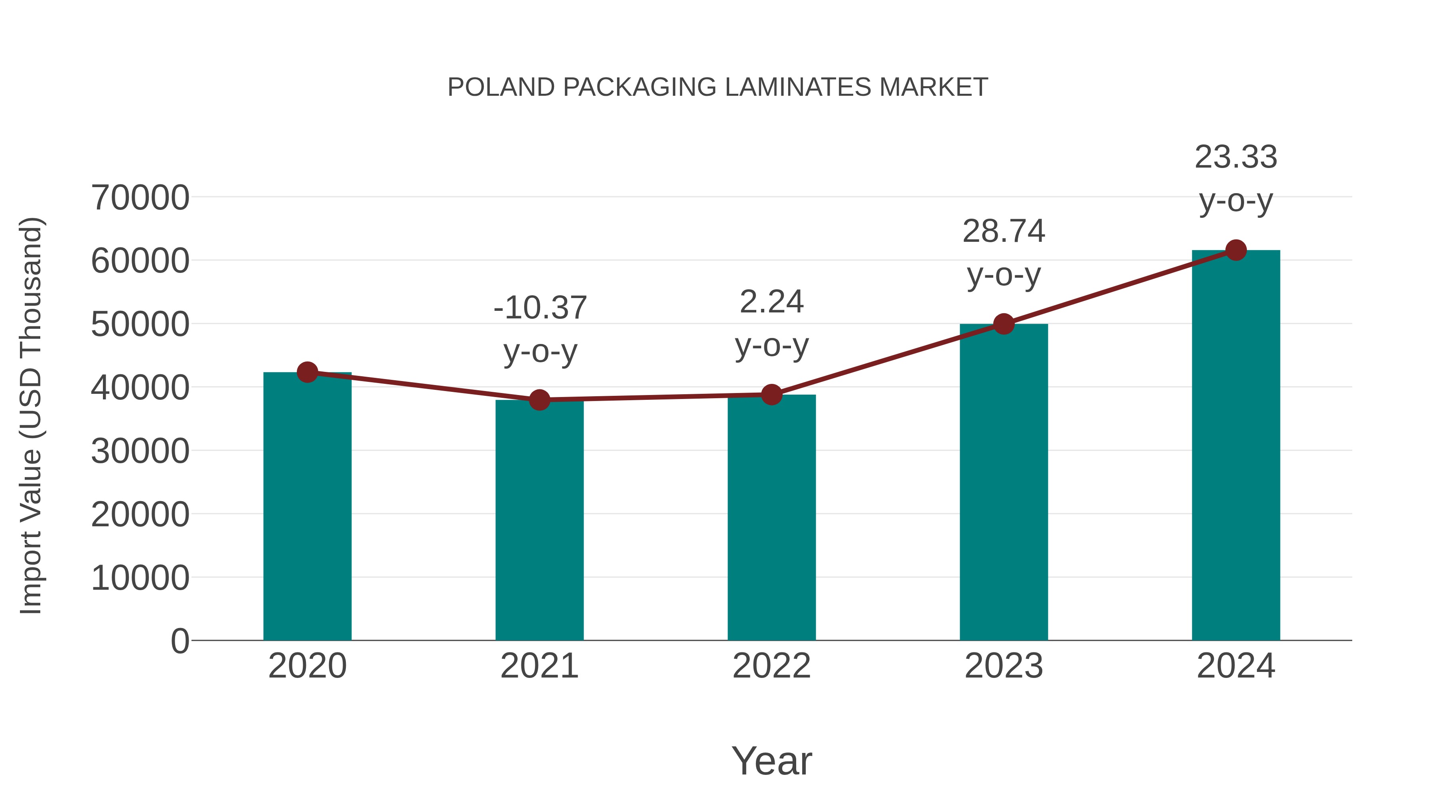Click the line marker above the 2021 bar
(x=539, y=400)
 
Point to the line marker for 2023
(x=1004, y=324)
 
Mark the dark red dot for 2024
(x=1236, y=250)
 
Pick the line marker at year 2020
(x=307, y=372)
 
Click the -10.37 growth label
(x=540, y=308)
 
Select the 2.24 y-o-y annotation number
(x=771, y=302)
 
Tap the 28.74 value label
(x=1004, y=231)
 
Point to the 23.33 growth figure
(x=1236, y=157)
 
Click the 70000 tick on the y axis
(x=140, y=198)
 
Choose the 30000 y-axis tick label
(x=140, y=451)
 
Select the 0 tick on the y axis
(x=180, y=641)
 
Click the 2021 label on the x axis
(x=539, y=666)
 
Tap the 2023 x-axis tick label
(x=1004, y=666)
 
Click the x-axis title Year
(x=771, y=761)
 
